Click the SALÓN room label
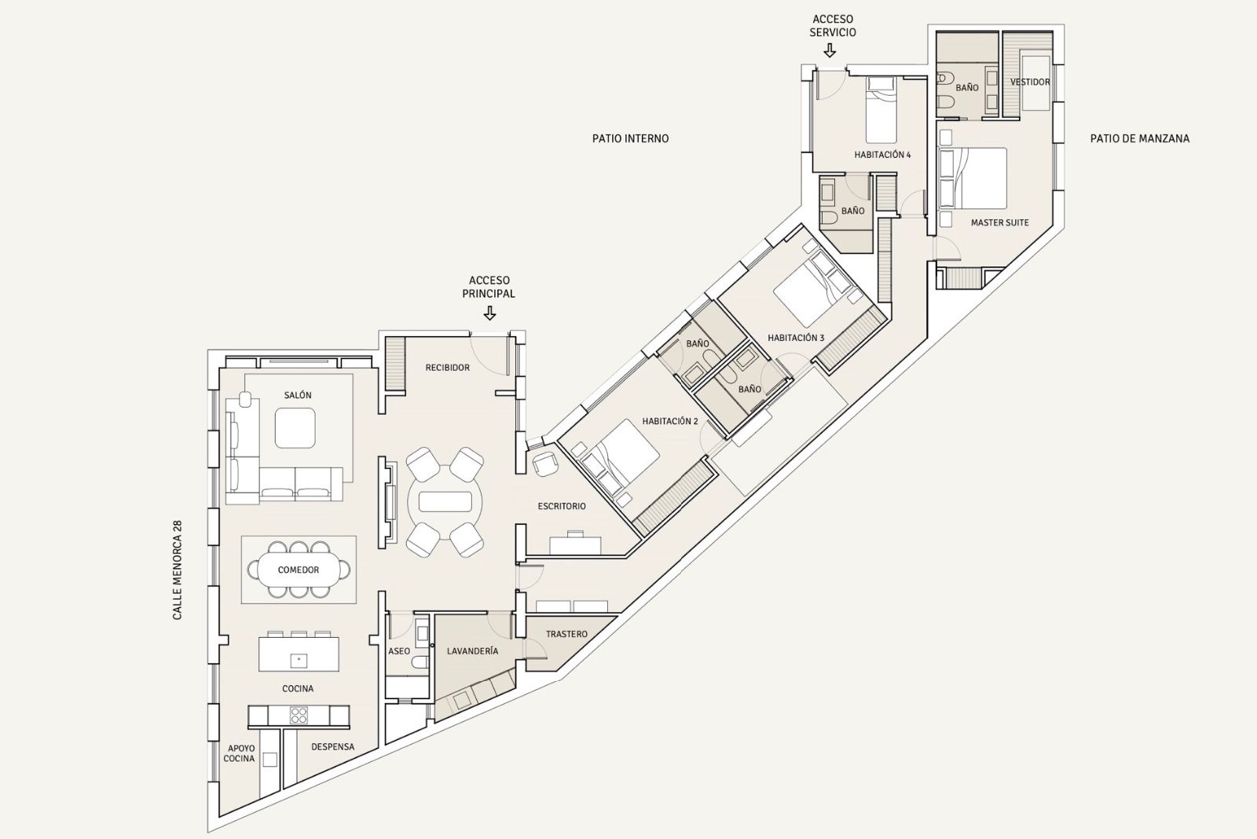pos(298,395)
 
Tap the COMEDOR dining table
pos(298,570)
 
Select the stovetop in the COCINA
pos(299,716)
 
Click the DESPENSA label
pos(333,747)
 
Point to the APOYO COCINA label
pos(240,753)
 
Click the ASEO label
pos(399,651)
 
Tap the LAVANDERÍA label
pos(472,651)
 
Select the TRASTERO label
pos(566,634)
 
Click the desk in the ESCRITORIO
pos(575,545)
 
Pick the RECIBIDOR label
pos(447,368)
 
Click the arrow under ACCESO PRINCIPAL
pos(490,313)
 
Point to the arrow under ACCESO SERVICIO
pos(830,51)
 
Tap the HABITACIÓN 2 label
pos(670,421)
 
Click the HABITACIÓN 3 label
pos(796,338)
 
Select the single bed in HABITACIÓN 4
pos(881,111)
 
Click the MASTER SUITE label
pos(1000,223)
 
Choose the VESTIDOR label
pos(1030,82)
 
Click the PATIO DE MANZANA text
pos(1140,138)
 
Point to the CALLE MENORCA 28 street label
pos(178,570)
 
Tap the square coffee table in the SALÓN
pos(295,427)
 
